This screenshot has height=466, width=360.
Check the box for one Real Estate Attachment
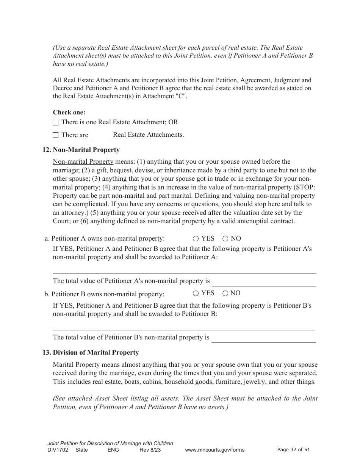click(56, 122)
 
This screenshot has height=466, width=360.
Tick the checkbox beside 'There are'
click(56, 135)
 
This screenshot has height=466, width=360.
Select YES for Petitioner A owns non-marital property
click(196, 239)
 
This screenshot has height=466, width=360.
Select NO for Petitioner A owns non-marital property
click(225, 239)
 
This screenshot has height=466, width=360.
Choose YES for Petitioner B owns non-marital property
click(196, 293)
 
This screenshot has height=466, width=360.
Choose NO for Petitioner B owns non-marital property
click(225, 293)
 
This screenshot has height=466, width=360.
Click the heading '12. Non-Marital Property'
click(81, 150)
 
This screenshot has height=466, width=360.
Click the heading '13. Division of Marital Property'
click(91, 352)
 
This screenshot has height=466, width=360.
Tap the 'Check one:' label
click(69, 112)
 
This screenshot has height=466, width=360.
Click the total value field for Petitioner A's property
click(263, 282)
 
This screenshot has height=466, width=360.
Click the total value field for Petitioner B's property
click(263, 338)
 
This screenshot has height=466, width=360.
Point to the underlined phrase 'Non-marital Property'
click(83, 162)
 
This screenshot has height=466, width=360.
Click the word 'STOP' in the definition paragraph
click(306, 187)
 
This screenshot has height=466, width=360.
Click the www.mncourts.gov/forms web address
click(214, 450)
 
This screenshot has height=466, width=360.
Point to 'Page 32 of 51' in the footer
click(294, 450)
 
